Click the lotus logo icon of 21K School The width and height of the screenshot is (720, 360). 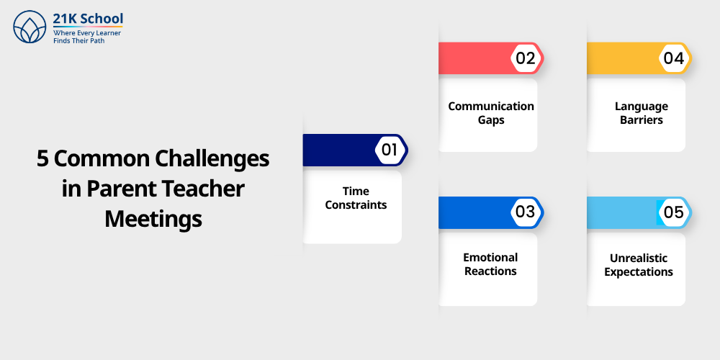point(30,27)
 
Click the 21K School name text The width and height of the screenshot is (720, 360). point(88,19)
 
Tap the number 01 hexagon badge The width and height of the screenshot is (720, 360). point(390,150)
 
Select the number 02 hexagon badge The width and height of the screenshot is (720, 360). point(526,58)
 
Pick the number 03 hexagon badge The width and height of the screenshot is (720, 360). point(526,212)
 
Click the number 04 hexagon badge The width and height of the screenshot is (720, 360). point(673,58)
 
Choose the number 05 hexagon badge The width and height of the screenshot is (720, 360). point(673,212)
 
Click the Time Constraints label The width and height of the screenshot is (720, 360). point(356,198)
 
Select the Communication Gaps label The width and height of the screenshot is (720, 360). point(491,113)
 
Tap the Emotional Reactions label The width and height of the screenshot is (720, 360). point(490,264)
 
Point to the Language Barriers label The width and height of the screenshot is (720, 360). point(641,113)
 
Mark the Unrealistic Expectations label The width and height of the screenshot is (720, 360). point(639,265)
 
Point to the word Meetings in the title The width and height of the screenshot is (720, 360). point(153,218)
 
